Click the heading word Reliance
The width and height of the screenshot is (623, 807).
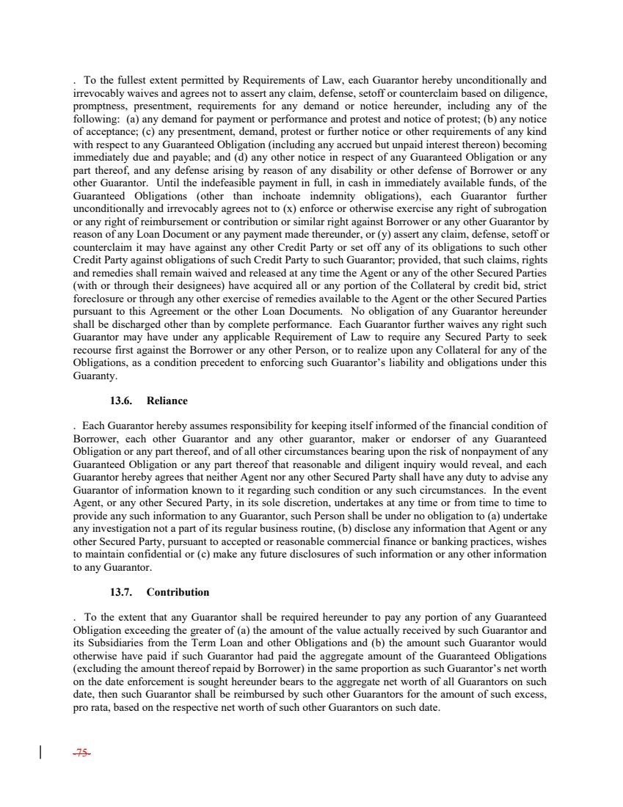point(167,401)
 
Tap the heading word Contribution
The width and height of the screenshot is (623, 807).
point(178,592)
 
